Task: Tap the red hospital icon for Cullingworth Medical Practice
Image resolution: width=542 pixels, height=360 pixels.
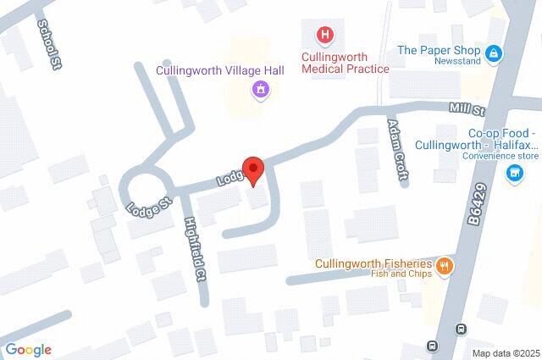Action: point(324,36)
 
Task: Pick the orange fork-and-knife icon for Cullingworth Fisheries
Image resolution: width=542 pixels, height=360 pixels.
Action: point(444,268)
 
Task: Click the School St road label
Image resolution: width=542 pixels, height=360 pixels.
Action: point(50,45)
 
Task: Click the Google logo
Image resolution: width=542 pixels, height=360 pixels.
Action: point(28,349)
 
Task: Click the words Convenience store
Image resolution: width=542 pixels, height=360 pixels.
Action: point(501,157)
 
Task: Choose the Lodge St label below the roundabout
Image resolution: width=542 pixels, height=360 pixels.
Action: point(148,206)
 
